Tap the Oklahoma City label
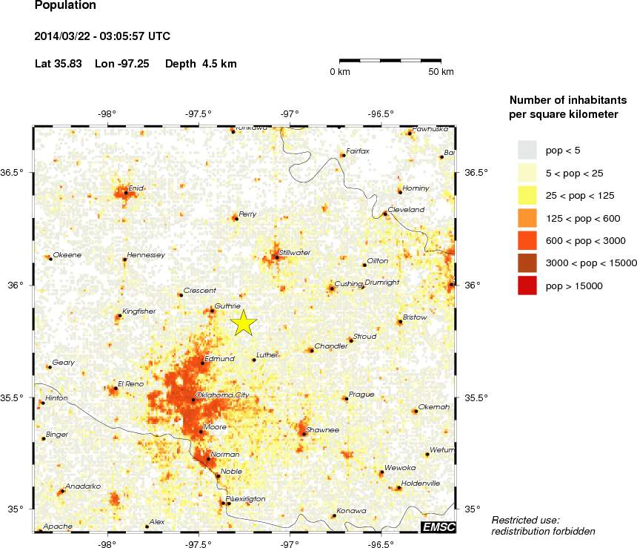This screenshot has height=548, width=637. [x=221, y=395]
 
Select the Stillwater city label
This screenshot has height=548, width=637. [x=295, y=253]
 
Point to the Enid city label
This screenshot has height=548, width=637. [x=135, y=188]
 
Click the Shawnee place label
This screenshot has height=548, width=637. [x=322, y=429]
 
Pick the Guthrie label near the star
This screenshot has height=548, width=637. [x=227, y=306]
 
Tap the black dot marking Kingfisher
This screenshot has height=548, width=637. [x=119, y=316]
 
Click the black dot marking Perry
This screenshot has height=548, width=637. [x=236, y=218]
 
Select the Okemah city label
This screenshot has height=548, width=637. [x=434, y=406]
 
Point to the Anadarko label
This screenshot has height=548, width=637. [x=78, y=486]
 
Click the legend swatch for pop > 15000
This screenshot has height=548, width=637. [x=527, y=285]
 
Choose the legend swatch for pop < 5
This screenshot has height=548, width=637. [x=527, y=151]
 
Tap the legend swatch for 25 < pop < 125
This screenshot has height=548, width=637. [x=527, y=196]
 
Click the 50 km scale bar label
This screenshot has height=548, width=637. [x=441, y=72]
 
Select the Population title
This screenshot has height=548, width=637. [x=65, y=6]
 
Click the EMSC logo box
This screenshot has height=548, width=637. [x=437, y=527]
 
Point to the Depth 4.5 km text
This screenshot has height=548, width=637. [x=201, y=64]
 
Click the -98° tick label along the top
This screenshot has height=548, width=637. [x=107, y=114]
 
